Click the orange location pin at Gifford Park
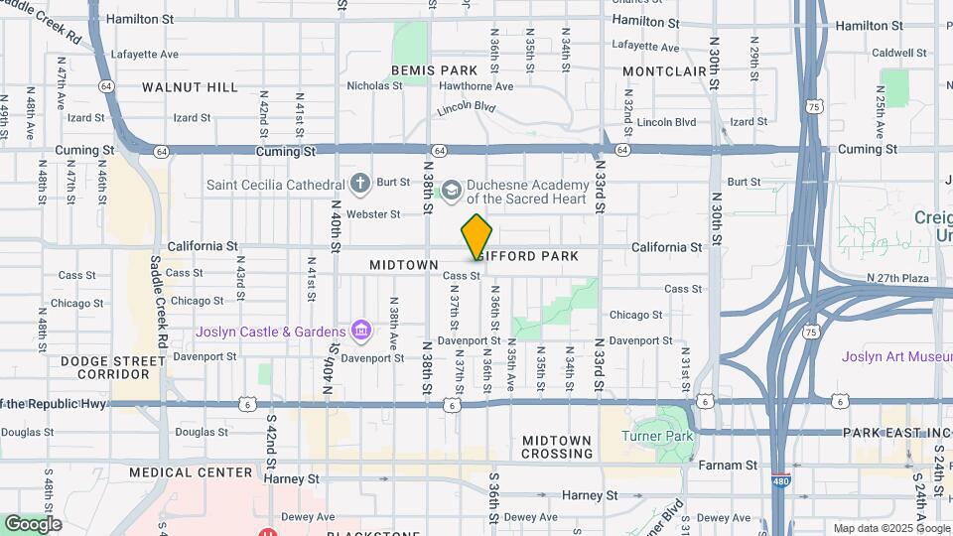[x=476, y=236]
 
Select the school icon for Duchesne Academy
[x=451, y=189]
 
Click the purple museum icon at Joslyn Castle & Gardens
[x=360, y=331]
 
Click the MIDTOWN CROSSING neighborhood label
[x=557, y=447]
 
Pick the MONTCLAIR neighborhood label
[x=663, y=71]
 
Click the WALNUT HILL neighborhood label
[x=190, y=87]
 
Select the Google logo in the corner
[x=33, y=523]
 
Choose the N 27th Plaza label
[x=895, y=278]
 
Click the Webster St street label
[x=373, y=213]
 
